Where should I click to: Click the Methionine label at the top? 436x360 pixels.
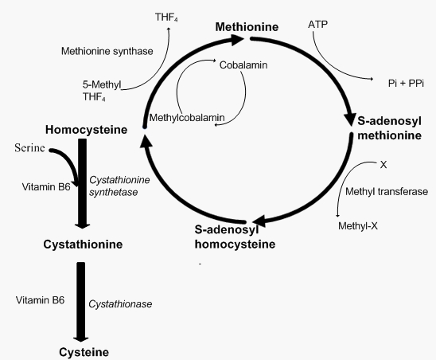(247, 27)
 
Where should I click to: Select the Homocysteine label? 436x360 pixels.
(82, 128)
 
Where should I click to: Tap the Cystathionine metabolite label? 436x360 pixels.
(82, 244)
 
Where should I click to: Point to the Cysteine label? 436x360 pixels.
(82, 350)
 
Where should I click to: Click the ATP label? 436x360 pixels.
(317, 25)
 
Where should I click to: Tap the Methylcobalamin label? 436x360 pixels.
(186, 118)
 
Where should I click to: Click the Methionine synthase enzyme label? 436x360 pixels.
(107, 51)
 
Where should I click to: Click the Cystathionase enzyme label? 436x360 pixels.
(120, 303)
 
